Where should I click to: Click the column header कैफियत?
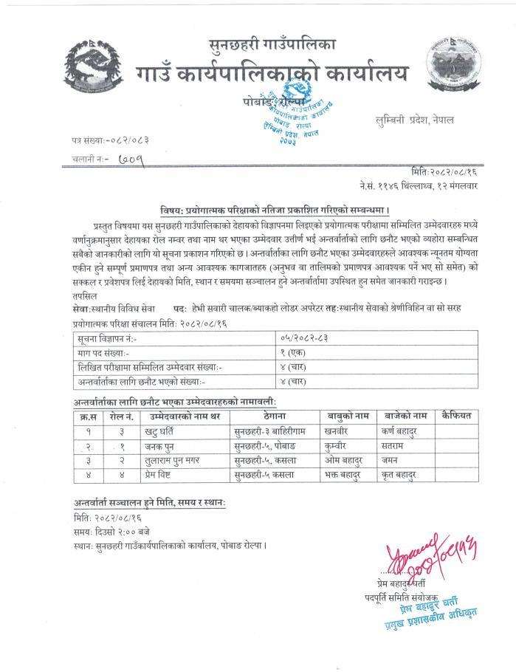click(456, 416)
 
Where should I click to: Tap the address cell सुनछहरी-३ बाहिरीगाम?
click(269, 431)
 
